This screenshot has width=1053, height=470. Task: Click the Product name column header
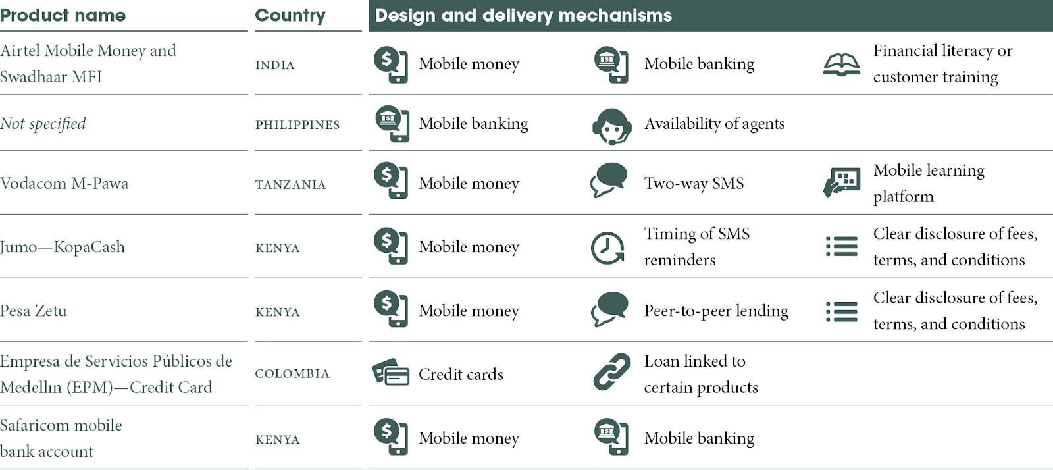(63, 15)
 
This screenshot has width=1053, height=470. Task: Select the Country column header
(290, 15)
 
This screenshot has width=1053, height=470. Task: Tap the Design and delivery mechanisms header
(523, 15)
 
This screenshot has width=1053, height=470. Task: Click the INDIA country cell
(275, 65)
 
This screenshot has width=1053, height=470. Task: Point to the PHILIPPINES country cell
(297, 125)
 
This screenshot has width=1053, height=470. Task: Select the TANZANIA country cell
(290, 185)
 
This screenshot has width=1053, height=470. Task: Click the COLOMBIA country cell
(292, 374)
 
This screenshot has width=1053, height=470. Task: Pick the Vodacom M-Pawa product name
(64, 184)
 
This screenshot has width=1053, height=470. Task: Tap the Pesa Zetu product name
(34, 311)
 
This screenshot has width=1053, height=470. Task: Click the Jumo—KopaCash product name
(63, 247)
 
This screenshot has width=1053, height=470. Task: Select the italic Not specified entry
(43, 124)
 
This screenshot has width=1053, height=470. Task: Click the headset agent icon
(611, 126)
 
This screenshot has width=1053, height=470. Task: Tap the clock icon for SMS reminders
(607, 248)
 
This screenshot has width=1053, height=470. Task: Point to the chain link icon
(611, 372)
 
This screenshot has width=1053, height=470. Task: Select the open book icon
(841, 65)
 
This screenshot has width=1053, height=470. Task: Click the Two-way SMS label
(694, 184)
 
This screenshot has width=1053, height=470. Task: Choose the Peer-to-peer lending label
(716, 311)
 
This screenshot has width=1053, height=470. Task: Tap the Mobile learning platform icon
(842, 182)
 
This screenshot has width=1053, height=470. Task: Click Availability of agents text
(714, 124)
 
